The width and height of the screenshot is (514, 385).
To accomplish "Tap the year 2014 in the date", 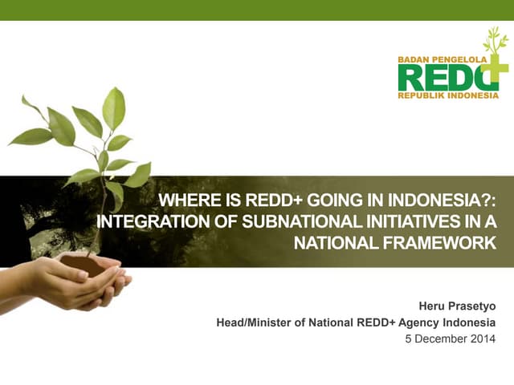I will click(x=483, y=338).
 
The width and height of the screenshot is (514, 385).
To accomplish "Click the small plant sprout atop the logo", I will click(x=495, y=42).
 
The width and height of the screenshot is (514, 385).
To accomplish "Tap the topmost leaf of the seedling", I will click(x=114, y=107).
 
